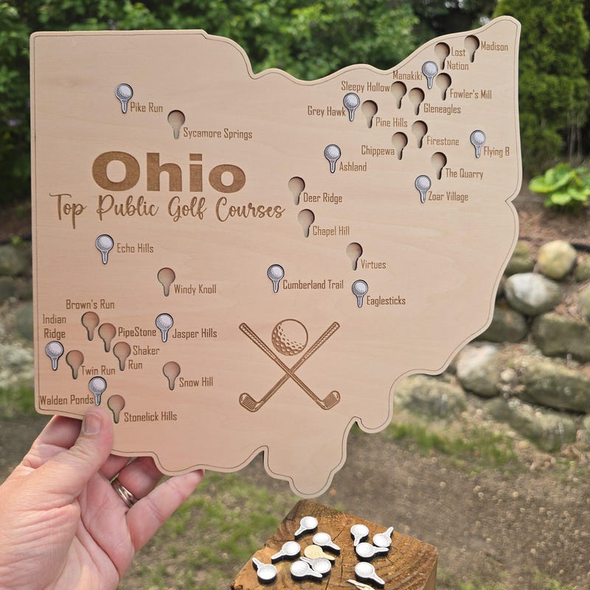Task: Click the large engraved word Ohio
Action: [168, 173]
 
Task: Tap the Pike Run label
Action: [146, 108]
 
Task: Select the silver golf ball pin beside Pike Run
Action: [124, 94]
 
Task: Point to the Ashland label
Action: [353, 167]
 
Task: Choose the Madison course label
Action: [494, 47]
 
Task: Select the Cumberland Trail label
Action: [313, 285]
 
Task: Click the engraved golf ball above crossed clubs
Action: [290, 337]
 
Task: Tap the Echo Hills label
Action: [135, 249]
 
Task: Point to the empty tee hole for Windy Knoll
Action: [166, 278]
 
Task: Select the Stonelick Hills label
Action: [150, 417]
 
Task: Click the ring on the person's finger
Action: [125, 491]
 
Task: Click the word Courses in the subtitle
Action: [250, 210]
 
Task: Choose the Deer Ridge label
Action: [322, 198]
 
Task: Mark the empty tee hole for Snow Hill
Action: [171, 371]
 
